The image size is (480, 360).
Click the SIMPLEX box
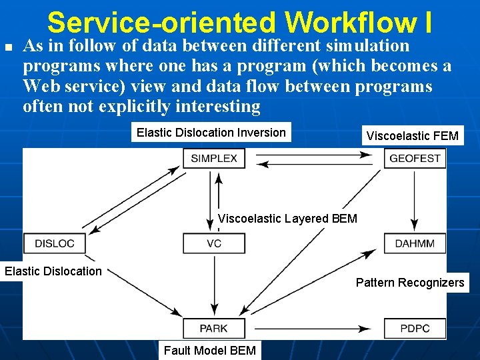pyautogui.click(x=214, y=159)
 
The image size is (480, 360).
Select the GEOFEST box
pyautogui.click(x=415, y=159)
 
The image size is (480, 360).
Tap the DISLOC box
pyautogui.click(x=54, y=243)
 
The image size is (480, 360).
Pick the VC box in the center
pyautogui.click(x=214, y=243)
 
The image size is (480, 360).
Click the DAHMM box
pyautogui.click(x=415, y=243)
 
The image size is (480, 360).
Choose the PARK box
pyautogui.click(x=214, y=328)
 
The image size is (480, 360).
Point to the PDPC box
pyautogui.click(x=415, y=328)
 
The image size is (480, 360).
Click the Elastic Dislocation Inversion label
pyautogui.click(x=211, y=133)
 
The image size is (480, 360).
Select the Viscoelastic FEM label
pyautogui.click(x=412, y=136)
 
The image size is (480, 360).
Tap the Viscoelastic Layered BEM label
pyautogui.click(x=287, y=219)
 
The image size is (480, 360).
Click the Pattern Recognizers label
pyautogui.click(x=409, y=283)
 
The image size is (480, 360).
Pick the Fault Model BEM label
pyautogui.click(x=209, y=350)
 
